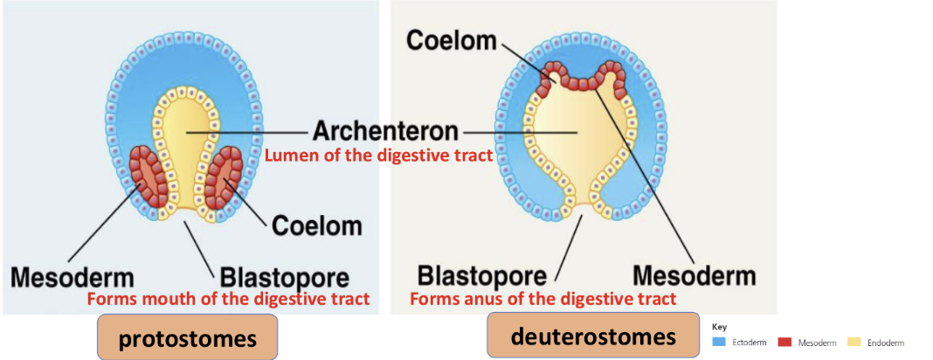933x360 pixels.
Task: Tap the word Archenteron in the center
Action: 385,131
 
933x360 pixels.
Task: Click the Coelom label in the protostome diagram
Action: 316,225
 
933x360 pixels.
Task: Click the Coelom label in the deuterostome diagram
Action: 452,41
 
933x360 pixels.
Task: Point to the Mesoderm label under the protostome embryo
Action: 73,278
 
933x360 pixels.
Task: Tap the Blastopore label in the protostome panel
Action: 284,279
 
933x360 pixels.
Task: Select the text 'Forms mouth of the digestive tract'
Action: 228,299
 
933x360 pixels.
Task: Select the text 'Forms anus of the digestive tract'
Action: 543,299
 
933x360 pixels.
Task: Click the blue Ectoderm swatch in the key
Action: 719,343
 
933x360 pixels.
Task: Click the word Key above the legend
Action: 720,327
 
